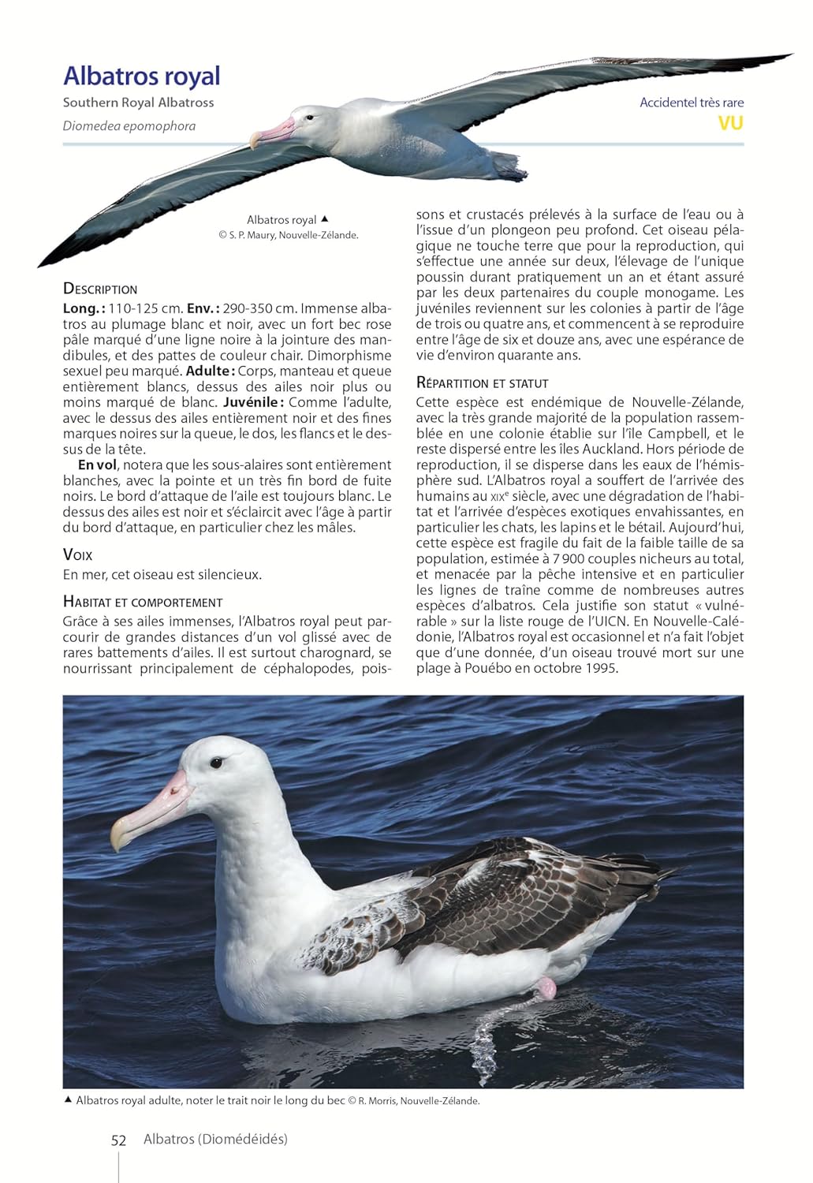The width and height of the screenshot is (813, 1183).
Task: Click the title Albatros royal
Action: coord(142,76)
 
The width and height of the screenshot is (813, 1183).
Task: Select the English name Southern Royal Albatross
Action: coord(138,103)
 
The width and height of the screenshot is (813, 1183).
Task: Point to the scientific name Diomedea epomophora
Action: coord(129,126)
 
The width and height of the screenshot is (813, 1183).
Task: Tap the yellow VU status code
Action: coord(730,123)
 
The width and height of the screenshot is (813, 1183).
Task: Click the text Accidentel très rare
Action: coord(692,103)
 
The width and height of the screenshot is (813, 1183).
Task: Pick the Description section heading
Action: coord(100,289)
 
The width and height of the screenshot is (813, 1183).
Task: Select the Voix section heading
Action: coord(77,555)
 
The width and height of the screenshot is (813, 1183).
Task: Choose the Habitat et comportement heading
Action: coord(143,602)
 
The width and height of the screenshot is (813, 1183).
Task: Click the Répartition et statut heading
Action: coord(482,383)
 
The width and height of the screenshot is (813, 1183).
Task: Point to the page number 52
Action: coord(118,1140)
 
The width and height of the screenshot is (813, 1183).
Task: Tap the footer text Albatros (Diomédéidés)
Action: coord(215,1139)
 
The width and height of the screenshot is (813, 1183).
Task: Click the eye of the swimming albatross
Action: coord(215,763)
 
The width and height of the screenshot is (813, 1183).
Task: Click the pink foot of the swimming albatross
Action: coord(546,987)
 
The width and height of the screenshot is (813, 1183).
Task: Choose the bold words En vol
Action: coord(98,465)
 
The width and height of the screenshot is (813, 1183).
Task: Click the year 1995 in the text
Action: coord(602,668)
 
